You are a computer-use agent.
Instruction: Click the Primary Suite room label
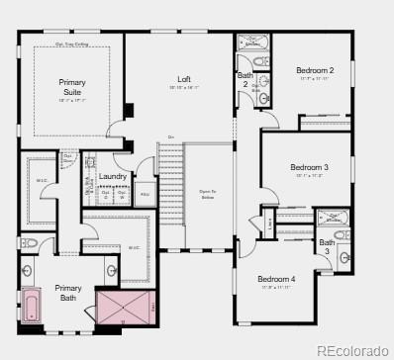point(71,87)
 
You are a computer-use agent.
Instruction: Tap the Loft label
point(184,79)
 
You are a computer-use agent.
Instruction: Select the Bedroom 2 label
point(315,70)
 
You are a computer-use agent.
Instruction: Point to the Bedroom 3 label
point(309,167)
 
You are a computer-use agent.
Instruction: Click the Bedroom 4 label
point(277,280)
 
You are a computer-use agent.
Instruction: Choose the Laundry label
point(113,176)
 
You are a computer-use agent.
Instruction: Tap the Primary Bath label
point(68,293)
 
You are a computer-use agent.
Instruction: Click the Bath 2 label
point(245,80)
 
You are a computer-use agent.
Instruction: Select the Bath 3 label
point(327,246)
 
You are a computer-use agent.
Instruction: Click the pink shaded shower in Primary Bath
point(126,307)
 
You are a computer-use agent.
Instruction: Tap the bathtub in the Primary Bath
point(31,305)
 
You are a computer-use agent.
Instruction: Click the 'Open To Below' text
point(207,195)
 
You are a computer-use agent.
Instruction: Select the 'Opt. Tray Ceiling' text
point(71,44)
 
